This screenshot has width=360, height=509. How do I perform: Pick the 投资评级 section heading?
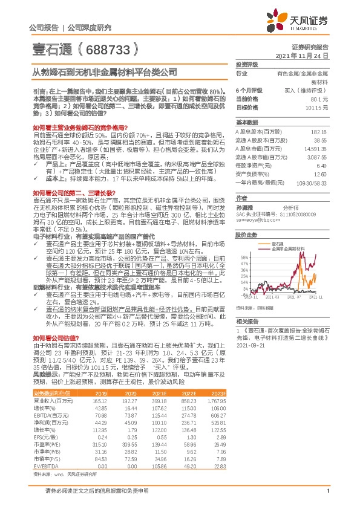[247, 63]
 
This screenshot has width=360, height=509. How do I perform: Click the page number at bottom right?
[327, 498]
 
